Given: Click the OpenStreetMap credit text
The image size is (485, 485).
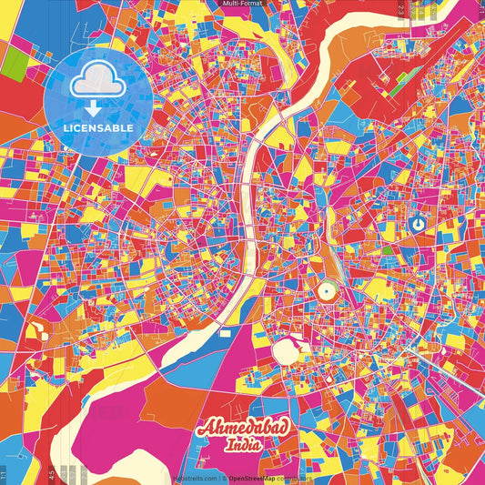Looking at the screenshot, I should coord(260,478).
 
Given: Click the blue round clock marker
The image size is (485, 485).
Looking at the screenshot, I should coord(418,223).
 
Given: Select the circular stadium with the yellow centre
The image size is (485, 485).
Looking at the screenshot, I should coord(325,292).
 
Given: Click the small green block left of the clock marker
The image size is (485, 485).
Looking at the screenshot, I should coord(388,249).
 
